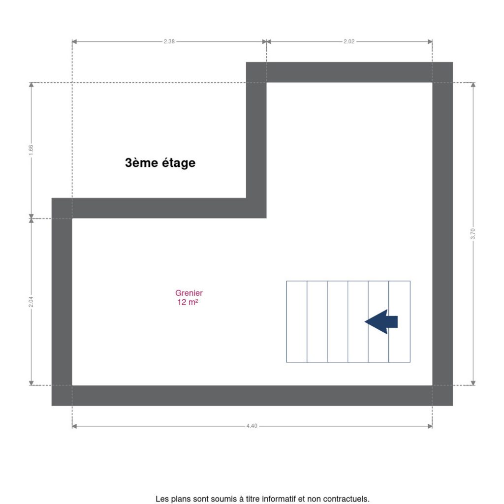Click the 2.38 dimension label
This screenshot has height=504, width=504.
click(x=169, y=41)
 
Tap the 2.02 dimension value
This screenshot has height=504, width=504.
click(x=349, y=41)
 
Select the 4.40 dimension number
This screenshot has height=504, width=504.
click(x=252, y=426)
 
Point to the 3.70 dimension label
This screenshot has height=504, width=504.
click(x=472, y=234)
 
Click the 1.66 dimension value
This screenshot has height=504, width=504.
click(x=31, y=150)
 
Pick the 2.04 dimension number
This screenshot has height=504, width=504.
click(x=31, y=302)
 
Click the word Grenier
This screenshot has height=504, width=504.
click(x=189, y=293)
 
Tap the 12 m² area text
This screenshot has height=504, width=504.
click(x=188, y=302)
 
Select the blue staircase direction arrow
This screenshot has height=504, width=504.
click(x=381, y=322)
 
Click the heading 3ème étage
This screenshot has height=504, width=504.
click(x=160, y=162)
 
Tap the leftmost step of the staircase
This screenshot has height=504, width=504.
click(x=297, y=322)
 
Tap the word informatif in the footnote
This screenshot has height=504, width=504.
click(x=279, y=499)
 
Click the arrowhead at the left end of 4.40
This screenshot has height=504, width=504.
click(x=74, y=426)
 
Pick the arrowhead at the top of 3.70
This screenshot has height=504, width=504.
click(x=473, y=85)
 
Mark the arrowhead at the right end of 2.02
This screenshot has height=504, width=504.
click(x=430, y=41)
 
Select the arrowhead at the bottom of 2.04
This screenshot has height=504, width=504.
click(x=31, y=383)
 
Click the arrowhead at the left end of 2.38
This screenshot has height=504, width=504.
click(x=74, y=41)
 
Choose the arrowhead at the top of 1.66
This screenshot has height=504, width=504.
click(x=31, y=85)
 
